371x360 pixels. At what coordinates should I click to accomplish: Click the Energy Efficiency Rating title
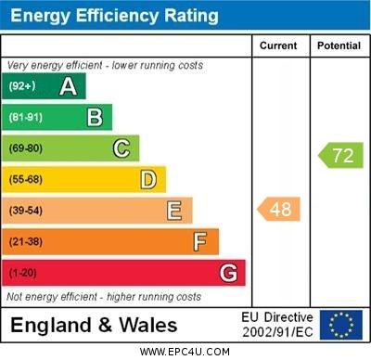(x=114, y=16)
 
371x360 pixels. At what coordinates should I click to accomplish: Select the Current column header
(x=278, y=45)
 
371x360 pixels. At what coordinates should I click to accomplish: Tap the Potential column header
(x=339, y=45)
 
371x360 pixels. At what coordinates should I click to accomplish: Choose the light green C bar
(x=71, y=148)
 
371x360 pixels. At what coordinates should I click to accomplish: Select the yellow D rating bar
(x=84, y=179)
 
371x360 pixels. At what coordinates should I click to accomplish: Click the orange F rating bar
(x=111, y=242)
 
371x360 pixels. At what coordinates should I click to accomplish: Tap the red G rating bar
(x=124, y=273)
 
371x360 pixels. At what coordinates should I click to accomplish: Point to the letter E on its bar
(x=173, y=211)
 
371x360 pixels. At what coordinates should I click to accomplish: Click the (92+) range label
(x=22, y=86)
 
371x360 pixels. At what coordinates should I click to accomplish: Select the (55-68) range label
(x=26, y=179)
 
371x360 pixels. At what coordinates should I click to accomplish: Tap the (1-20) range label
(x=23, y=273)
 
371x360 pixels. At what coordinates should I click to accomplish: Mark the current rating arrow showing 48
(x=279, y=209)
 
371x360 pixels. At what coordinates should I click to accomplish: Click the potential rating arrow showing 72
(x=340, y=155)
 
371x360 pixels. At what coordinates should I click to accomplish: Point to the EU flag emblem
(x=340, y=325)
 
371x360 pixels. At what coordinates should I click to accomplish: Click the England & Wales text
(x=94, y=326)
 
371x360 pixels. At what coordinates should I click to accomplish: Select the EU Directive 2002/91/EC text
(x=278, y=325)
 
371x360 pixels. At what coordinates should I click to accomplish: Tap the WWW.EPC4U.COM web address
(x=185, y=352)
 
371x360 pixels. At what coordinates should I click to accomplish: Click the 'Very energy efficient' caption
(x=104, y=66)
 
